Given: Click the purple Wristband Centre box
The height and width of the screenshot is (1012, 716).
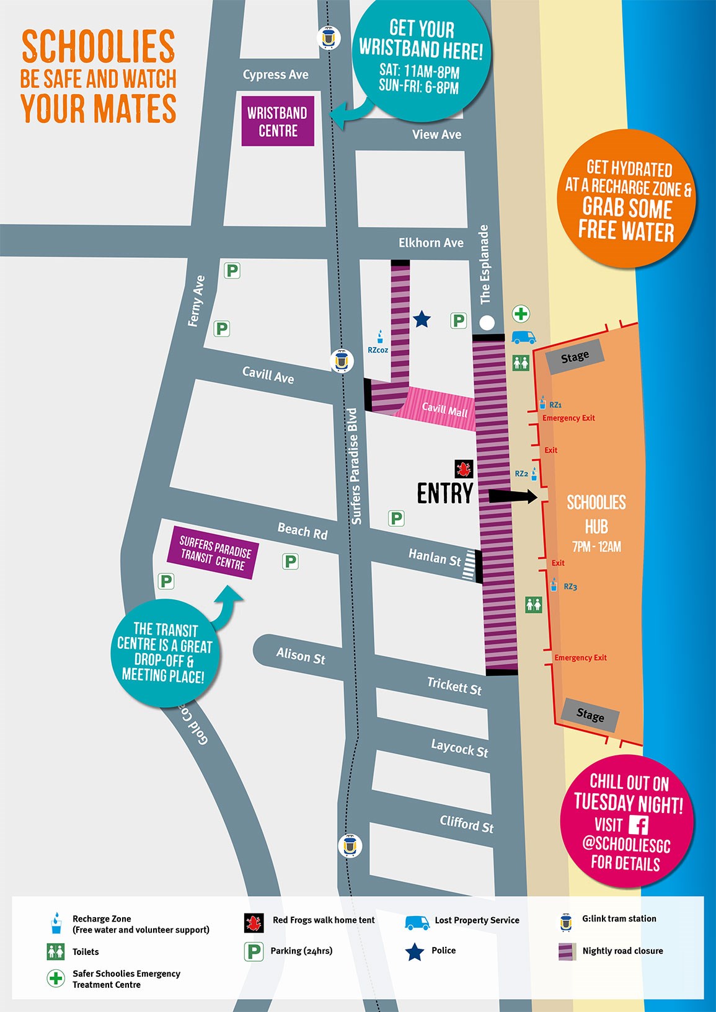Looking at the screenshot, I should (278, 121).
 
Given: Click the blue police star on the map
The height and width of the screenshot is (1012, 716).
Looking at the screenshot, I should (422, 320).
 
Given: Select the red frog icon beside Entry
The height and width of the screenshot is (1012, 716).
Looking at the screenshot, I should (463, 468).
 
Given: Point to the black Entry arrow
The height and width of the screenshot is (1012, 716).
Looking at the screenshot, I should (512, 496).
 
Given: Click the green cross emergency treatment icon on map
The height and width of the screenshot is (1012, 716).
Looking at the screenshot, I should (521, 314).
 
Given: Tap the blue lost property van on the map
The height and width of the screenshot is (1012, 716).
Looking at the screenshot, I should (523, 337).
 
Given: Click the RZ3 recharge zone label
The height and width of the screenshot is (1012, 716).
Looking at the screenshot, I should (570, 586).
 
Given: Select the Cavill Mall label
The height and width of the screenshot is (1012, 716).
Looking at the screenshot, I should (444, 410).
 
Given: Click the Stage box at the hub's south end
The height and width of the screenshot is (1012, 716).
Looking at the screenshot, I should (590, 715).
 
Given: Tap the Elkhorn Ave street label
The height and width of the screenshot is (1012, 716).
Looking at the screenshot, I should (431, 243).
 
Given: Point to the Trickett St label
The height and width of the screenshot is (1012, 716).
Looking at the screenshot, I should (454, 685).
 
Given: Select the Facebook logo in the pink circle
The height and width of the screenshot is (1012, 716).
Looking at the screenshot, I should (638, 824).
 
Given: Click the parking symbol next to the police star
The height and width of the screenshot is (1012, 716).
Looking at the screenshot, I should (458, 320).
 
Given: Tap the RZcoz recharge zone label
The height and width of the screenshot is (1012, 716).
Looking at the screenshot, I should (378, 350).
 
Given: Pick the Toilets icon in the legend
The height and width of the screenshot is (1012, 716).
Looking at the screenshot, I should (56, 951).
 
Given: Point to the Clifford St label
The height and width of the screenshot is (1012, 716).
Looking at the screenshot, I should (466, 824).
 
